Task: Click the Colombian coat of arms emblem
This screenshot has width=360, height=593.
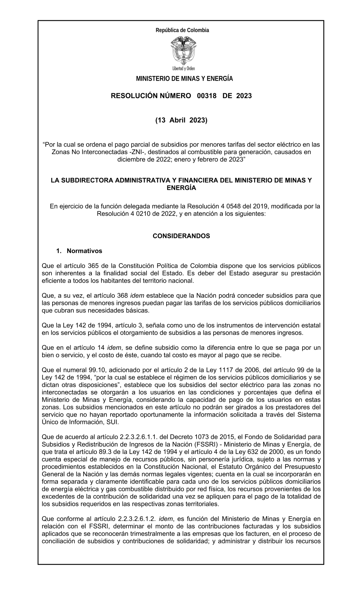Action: pyautogui.click(x=183, y=51)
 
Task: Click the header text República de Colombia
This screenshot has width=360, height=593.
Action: pyautogui.click(x=182, y=30)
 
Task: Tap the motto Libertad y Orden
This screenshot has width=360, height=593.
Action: pyautogui.click(x=184, y=68)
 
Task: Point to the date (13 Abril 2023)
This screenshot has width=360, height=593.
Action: pyautogui.click(x=181, y=120)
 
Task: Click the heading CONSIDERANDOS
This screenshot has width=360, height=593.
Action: pyautogui.click(x=181, y=236)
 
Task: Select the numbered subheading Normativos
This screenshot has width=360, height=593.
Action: pyautogui.click(x=84, y=251)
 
